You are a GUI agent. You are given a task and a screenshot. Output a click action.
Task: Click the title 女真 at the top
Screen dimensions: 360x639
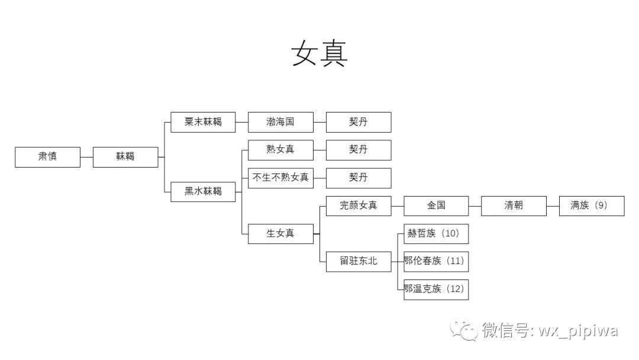tap(319, 54)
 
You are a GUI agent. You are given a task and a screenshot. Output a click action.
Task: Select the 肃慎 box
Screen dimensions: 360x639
tap(47, 157)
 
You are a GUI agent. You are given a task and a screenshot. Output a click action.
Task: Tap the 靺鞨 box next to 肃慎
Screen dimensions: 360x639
tap(125, 157)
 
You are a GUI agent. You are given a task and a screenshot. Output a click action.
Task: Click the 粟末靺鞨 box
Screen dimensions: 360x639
tap(203, 122)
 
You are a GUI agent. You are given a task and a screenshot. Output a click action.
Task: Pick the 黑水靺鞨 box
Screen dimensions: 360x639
tap(203, 191)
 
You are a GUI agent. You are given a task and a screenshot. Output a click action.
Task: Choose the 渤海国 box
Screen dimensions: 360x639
tap(280, 122)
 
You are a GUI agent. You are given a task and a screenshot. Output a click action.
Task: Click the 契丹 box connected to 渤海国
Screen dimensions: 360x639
tap(359, 122)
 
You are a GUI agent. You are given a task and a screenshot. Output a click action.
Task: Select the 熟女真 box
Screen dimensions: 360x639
tap(280, 150)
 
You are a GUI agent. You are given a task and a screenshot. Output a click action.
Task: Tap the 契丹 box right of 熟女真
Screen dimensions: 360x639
tap(359, 150)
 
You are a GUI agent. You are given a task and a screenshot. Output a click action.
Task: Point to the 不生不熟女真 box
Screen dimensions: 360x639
tap(280, 178)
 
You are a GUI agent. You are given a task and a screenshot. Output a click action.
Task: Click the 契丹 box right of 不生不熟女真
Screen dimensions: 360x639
tap(359, 178)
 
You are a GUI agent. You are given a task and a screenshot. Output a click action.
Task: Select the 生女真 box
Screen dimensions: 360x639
tap(280, 233)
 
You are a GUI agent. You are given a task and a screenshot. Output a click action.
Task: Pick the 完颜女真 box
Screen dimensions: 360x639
tap(359, 205)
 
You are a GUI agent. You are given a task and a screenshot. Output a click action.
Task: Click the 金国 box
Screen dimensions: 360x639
tap(436, 205)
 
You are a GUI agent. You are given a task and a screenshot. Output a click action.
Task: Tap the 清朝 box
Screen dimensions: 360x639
tap(514, 205)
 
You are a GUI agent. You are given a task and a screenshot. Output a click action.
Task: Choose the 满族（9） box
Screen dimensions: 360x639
tap(592, 205)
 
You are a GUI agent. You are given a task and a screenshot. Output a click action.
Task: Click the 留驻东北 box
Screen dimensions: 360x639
tap(359, 261)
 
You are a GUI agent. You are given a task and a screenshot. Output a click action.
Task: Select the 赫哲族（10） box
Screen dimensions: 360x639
tap(436, 233)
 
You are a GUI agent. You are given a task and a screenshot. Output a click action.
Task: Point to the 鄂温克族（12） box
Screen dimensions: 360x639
tap(436, 289)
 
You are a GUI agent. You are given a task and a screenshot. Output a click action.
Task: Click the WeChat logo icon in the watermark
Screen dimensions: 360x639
tap(464, 330)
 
